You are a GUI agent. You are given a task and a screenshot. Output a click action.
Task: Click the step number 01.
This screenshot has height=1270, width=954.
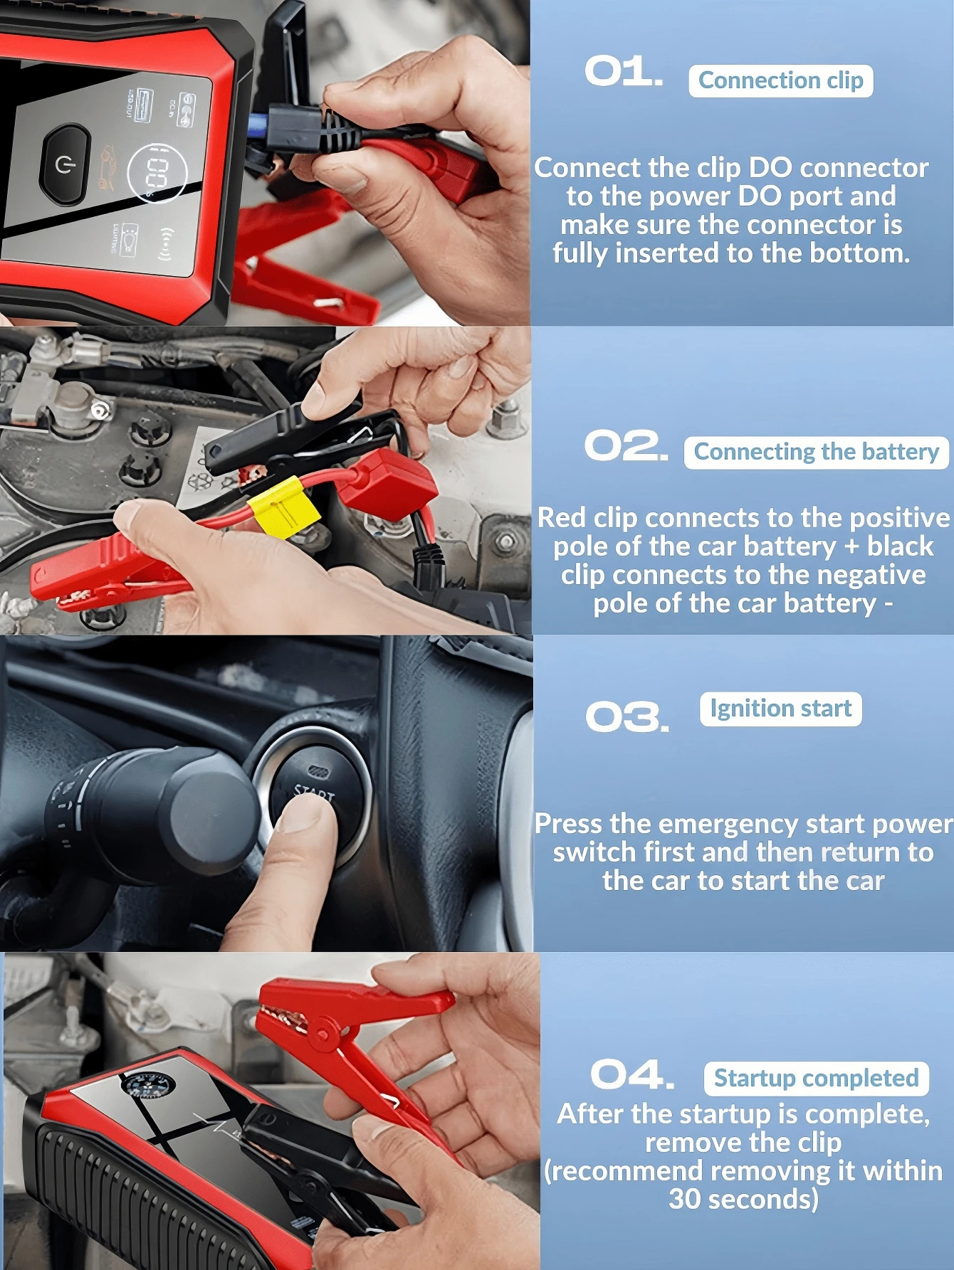623,72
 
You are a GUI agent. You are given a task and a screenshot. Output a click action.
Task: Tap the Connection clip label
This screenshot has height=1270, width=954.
780,81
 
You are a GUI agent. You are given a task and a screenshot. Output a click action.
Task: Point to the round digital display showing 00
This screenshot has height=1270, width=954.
157,173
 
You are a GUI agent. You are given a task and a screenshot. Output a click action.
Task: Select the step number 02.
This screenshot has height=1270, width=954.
626,446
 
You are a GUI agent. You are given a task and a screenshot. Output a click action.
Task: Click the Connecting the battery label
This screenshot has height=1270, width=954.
816,453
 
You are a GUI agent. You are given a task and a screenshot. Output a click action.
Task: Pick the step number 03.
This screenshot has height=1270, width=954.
627,716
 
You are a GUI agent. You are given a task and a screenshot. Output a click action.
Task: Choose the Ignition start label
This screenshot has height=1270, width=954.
780,709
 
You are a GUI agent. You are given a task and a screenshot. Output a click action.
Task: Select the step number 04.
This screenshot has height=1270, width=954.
631,1074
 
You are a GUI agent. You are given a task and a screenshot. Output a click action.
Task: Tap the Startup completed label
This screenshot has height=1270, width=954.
816,1079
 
